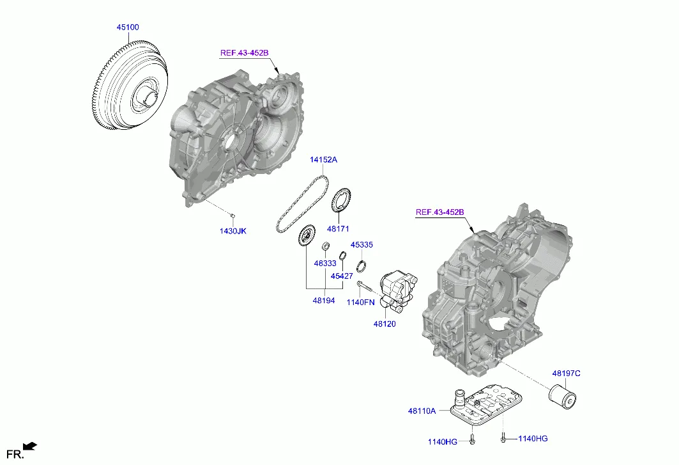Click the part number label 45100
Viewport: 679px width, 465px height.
[127, 28]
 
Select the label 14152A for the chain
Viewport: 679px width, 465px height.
[323, 160]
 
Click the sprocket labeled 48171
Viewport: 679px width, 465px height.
[342, 199]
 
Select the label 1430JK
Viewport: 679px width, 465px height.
[233, 230]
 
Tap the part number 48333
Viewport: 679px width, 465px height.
[324, 263]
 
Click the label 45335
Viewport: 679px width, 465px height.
[361, 245]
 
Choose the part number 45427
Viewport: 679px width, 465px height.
[341, 276]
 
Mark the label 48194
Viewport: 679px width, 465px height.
[323, 299]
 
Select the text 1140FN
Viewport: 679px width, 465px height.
[360, 302]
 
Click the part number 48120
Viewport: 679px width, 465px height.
[385, 324]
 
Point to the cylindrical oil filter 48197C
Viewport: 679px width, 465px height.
[563, 392]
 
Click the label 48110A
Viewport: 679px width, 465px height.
[421, 411]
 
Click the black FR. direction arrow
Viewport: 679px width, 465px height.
[29, 446]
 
